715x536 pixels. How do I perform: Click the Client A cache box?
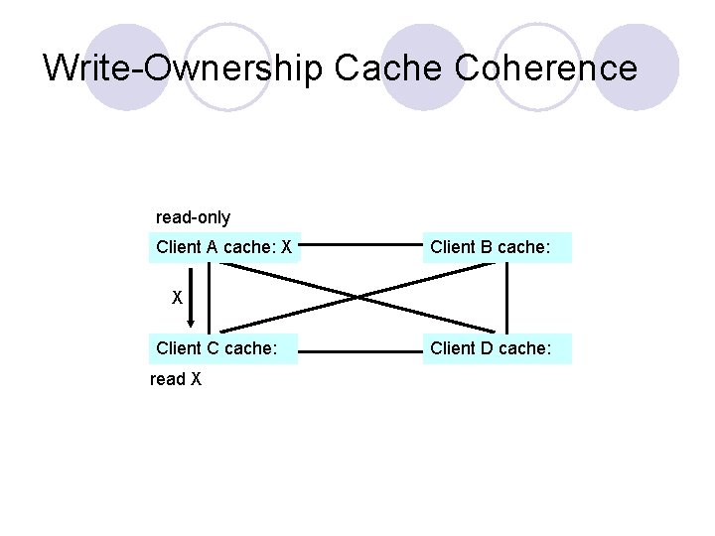pyautogui.click(x=223, y=247)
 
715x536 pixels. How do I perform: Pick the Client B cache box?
pyautogui.click(x=498, y=247)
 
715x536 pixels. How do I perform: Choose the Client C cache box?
pyautogui.click(x=223, y=348)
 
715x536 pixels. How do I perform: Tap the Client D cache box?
pyautogui.click(x=498, y=348)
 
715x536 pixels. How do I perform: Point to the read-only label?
pyautogui.click(x=193, y=216)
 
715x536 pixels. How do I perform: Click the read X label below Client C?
pyautogui.click(x=175, y=379)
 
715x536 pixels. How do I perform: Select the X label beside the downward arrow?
pyautogui.click(x=177, y=297)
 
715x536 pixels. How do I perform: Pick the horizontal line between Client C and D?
pyautogui.click(x=361, y=350)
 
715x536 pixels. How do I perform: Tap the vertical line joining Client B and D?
pyautogui.click(x=506, y=298)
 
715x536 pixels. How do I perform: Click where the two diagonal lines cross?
pyautogui.click(x=358, y=296)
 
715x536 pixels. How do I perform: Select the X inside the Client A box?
pyautogui.click(x=286, y=247)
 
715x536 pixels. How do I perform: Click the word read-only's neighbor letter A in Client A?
pyautogui.click(x=212, y=247)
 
